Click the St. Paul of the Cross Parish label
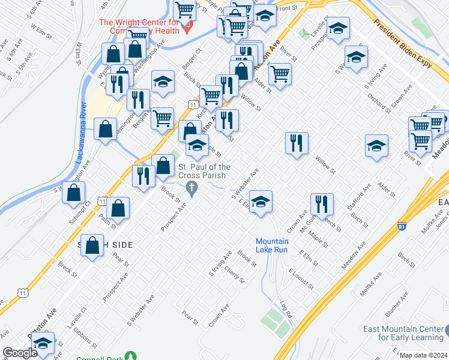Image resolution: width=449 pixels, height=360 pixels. pos(203,171)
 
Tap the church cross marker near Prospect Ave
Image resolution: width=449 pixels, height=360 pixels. pos(191,190)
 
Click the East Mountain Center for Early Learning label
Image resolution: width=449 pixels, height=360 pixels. pos(403,333)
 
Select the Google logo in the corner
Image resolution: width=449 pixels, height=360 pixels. pos(20,353)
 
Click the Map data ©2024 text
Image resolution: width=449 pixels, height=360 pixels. pos(423,355)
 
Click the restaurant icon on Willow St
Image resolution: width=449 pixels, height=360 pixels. pos(297,143)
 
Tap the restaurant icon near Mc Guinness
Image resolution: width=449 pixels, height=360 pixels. pos(322,203)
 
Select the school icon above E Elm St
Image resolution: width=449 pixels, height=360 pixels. pos(261,200)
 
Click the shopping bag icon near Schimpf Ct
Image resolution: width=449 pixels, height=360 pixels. pos(73,193)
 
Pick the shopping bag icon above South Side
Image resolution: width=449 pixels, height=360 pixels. pos(92,245)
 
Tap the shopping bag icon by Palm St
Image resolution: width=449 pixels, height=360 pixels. pos(119,208)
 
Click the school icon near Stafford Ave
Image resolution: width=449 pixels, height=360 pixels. pos(376,146)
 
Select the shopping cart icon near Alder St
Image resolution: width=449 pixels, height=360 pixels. pos(280,74)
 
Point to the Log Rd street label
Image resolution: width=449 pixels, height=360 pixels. pos(286,310)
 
